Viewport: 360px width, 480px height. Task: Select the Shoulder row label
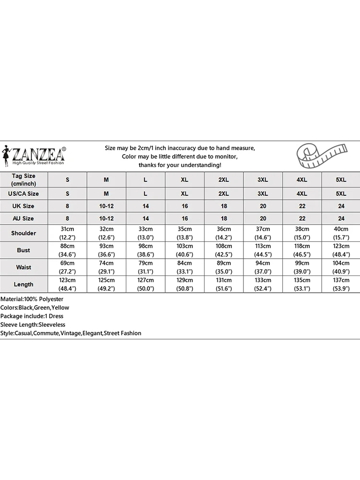click(x=24, y=233)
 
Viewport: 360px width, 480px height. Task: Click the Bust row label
click(x=24, y=250)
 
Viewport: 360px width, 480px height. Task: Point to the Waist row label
click(x=24, y=267)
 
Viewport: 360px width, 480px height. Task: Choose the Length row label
click(x=24, y=284)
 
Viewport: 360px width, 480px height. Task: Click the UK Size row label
click(x=24, y=206)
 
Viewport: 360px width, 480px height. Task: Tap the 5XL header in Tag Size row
click(x=341, y=180)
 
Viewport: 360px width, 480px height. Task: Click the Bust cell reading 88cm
click(x=67, y=250)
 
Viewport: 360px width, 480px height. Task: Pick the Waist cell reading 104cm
click(x=341, y=267)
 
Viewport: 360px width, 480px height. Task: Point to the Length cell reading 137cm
click(x=341, y=284)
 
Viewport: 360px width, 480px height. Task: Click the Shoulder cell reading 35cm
click(x=184, y=233)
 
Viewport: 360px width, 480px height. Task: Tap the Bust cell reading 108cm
click(x=224, y=250)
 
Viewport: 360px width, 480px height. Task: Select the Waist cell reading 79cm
click(x=145, y=267)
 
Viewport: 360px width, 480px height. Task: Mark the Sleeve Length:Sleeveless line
click(x=33, y=324)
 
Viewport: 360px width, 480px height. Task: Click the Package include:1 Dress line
click(x=32, y=316)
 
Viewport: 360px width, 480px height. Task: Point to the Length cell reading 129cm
click(x=184, y=284)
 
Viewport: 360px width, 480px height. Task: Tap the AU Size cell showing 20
click(x=263, y=218)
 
